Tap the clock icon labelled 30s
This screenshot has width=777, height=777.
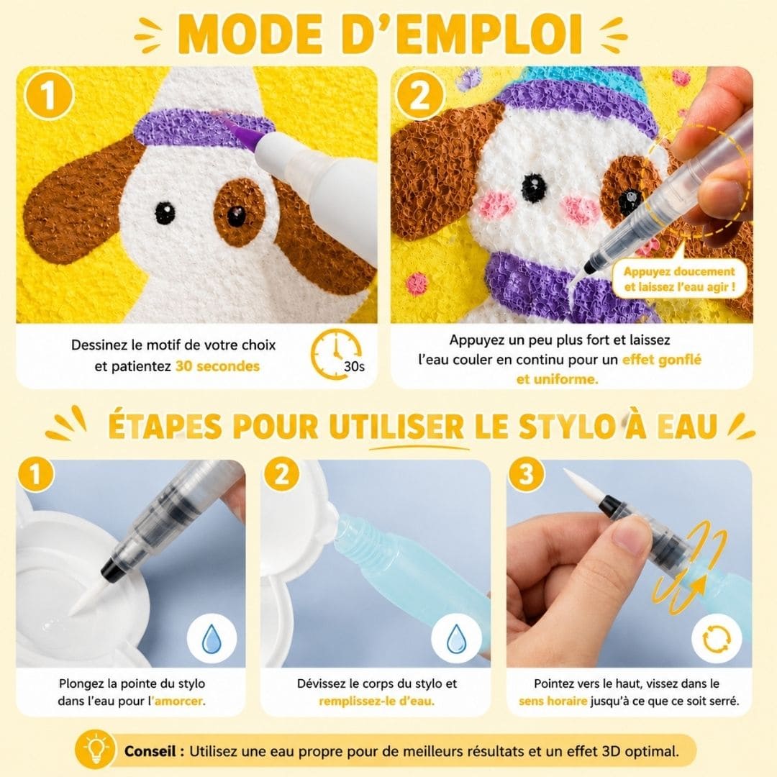(336, 354)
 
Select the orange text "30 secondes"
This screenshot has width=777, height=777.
(217, 366)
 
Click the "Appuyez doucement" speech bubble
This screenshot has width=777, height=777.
(679, 278)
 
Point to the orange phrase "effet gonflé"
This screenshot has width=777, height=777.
(662, 360)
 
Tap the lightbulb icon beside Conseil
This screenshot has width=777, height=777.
(95, 750)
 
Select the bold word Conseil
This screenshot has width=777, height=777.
(150, 750)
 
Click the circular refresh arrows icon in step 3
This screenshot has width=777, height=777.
(716, 639)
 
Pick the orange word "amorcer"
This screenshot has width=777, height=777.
(179, 701)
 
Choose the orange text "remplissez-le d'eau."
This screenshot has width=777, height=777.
(376, 701)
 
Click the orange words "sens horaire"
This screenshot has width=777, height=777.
(553, 701)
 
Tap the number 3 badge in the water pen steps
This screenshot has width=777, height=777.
(526, 474)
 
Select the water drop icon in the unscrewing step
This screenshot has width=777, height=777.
(456, 639)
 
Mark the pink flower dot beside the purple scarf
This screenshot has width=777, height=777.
(417, 283)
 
